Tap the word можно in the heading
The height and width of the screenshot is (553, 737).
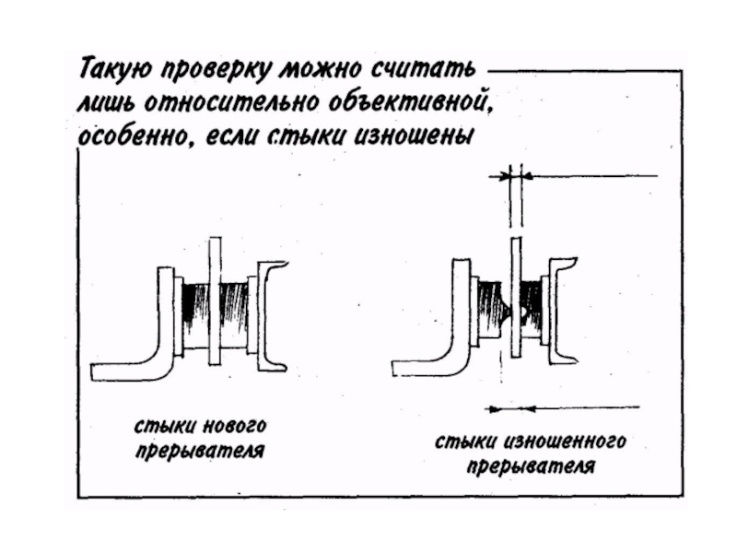coord(321,71)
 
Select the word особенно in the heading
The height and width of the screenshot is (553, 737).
coord(133,135)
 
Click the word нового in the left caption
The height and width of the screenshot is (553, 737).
coord(234,426)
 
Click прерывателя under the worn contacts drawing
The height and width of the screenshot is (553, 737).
coord(532,466)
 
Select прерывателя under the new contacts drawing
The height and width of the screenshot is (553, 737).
coord(200,451)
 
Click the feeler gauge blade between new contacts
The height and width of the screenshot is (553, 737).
coord(215,300)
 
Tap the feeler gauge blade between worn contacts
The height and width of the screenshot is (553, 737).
coord(516,296)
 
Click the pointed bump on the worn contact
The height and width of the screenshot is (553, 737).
coord(506,312)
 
